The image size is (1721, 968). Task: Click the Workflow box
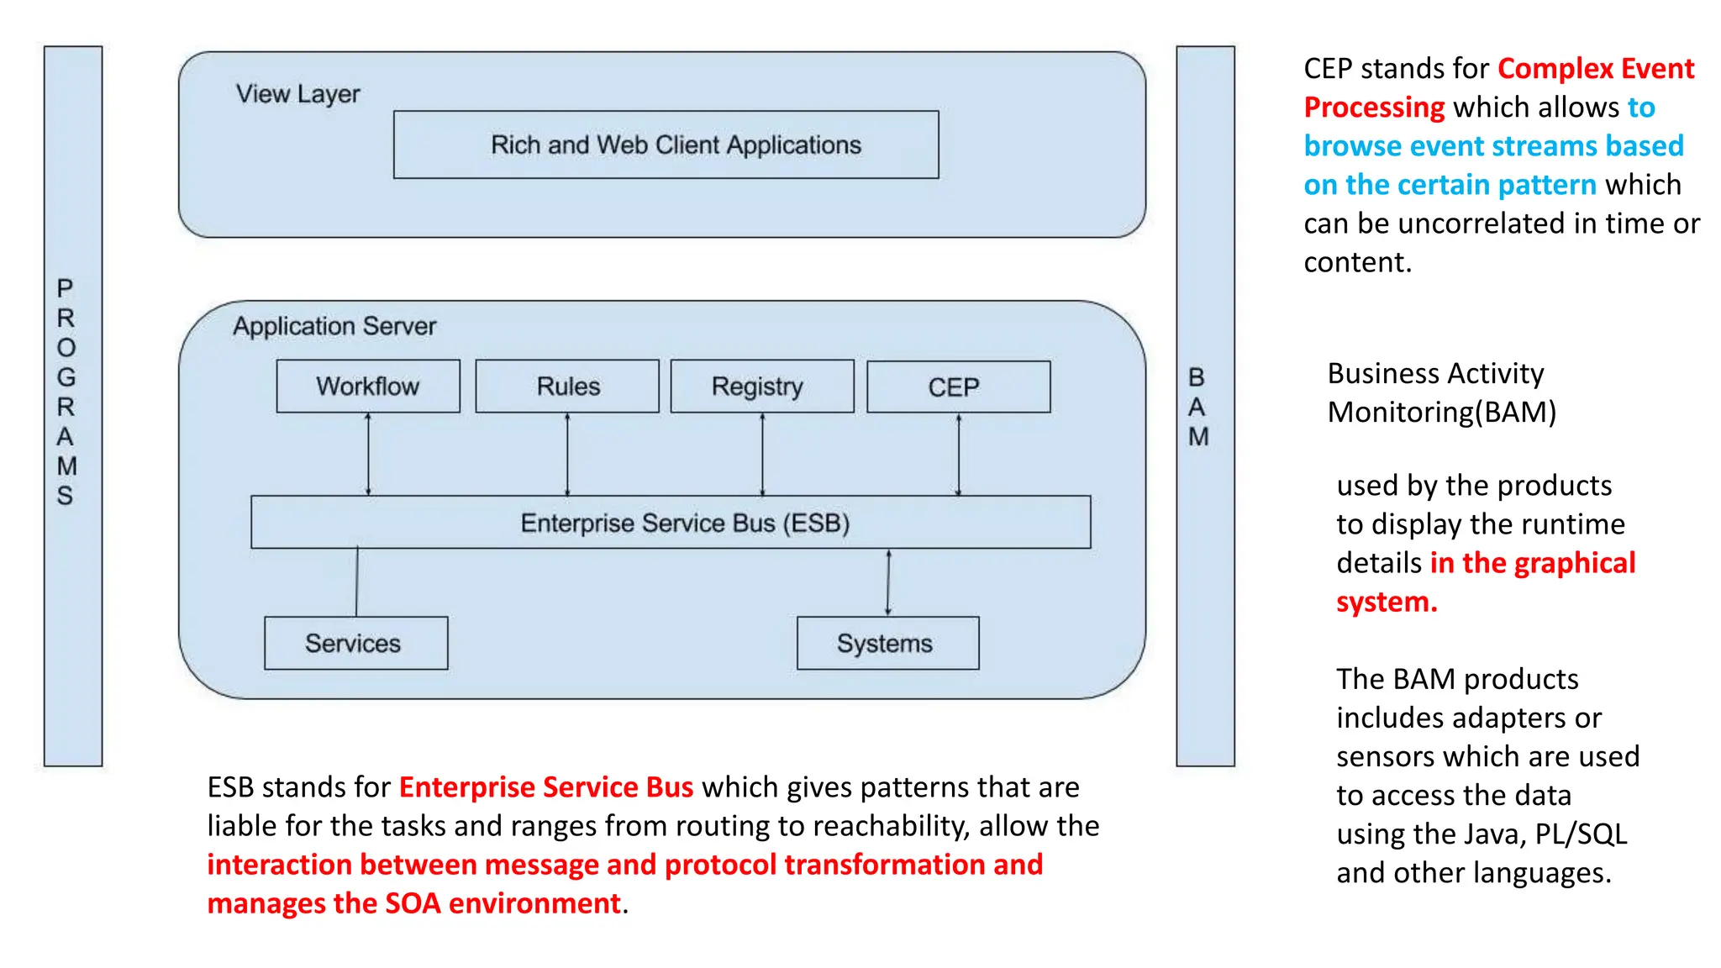(x=368, y=387)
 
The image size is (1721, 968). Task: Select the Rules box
(x=567, y=387)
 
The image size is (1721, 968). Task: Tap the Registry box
(x=762, y=387)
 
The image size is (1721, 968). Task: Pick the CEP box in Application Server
(x=958, y=387)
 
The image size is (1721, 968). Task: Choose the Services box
(x=355, y=644)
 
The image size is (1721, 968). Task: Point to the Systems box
(x=887, y=644)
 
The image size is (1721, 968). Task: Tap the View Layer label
(x=297, y=94)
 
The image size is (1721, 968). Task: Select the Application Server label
(x=334, y=326)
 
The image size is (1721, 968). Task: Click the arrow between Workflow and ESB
(x=368, y=454)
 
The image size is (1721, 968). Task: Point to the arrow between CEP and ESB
(x=958, y=454)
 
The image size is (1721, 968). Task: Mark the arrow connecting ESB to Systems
(x=888, y=582)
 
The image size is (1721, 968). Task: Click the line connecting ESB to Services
(x=356, y=582)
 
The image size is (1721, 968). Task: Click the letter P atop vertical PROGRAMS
(x=65, y=289)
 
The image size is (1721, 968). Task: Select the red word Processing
(x=1374, y=108)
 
